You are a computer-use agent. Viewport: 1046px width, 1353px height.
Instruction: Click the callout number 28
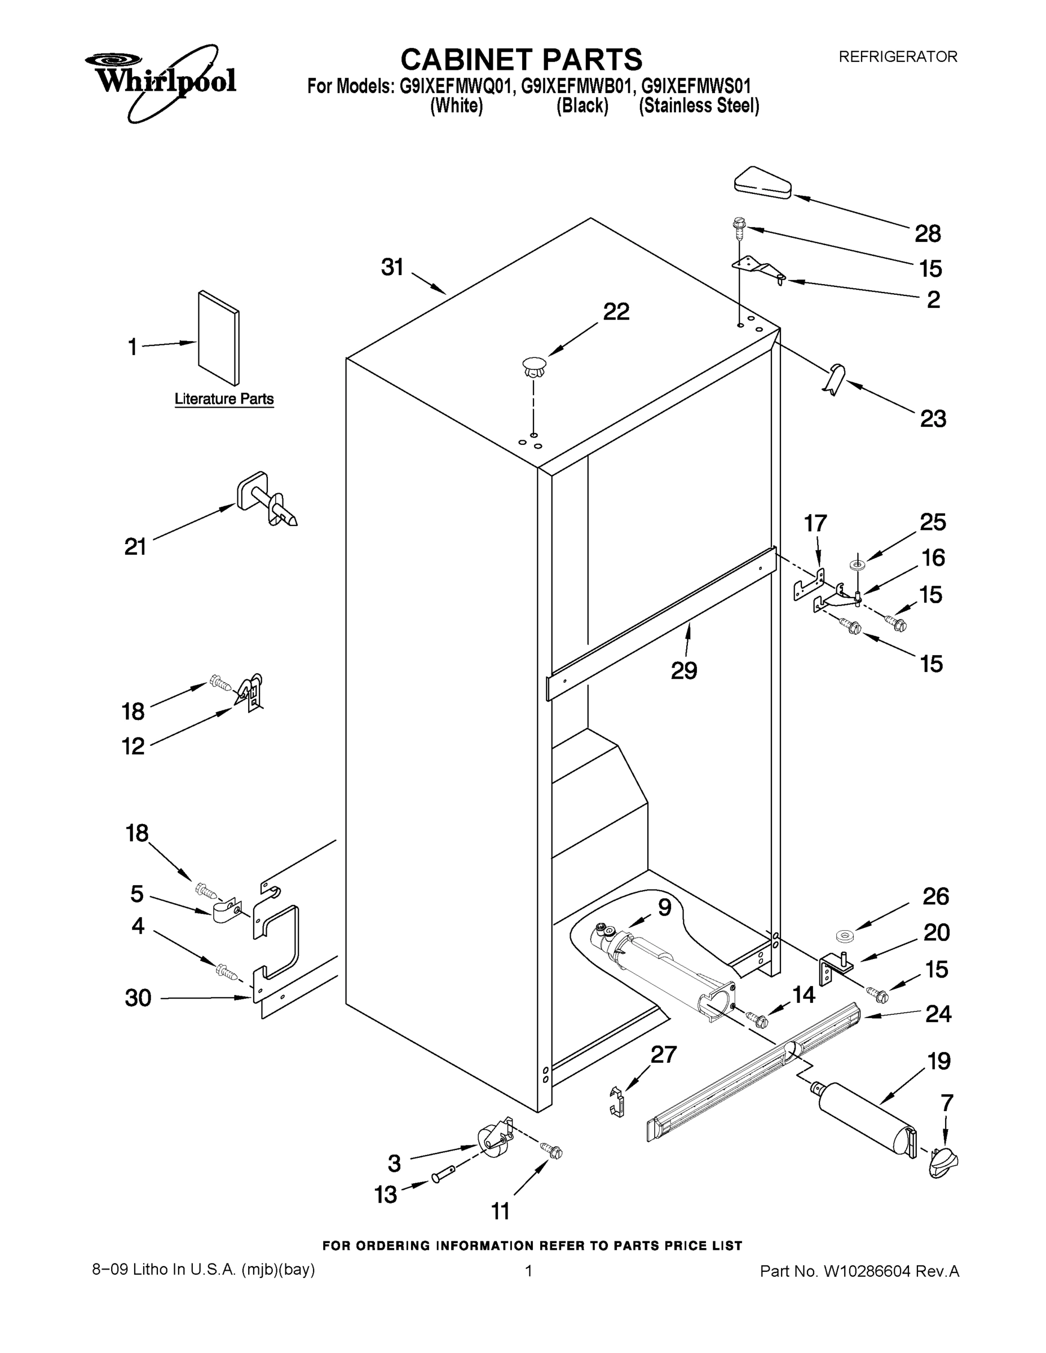[x=928, y=233]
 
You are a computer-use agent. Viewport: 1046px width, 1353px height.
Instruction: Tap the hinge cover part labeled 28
[x=762, y=183]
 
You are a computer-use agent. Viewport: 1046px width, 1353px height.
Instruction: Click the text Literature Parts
[x=224, y=399]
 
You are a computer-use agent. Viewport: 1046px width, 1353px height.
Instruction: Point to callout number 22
[x=616, y=312]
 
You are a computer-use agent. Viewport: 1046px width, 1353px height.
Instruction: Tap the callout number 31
[x=392, y=268]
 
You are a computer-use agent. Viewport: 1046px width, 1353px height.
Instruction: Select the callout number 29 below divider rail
[x=684, y=670]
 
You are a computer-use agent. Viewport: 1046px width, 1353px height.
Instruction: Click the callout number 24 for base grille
[x=938, y=1014]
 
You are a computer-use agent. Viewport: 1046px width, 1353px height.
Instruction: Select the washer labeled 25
[x=858, y=564]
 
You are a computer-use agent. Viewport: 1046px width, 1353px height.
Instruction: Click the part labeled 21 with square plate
[x=265, y=500]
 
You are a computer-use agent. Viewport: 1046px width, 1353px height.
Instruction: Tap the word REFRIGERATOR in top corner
[x=897, y=57]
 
